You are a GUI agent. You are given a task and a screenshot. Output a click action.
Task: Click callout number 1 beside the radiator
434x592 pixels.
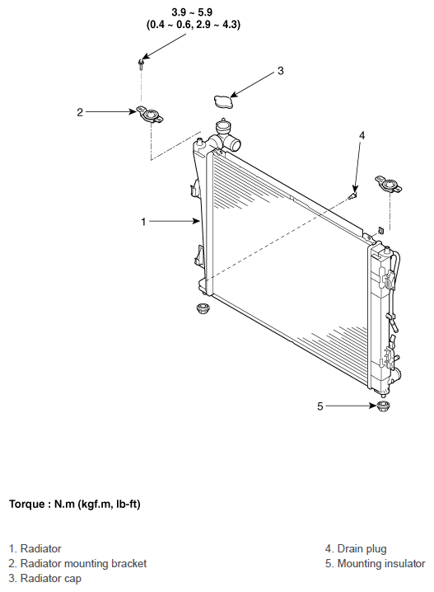click(x=143, y=222)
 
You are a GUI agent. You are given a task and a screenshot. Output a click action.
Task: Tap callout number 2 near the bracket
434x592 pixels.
click(x=80, y=112)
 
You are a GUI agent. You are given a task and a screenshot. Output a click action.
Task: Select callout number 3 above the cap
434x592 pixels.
click(x=281, y=71)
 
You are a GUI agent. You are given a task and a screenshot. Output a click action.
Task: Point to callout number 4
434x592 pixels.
click(x=362, y=135)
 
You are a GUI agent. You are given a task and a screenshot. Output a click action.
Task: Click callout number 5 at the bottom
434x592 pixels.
click(x=320, y=406)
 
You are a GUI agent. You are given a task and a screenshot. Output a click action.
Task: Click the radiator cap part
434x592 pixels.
click(x=223, y=101)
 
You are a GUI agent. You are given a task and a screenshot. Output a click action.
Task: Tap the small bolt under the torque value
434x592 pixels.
click(x=141, y=64)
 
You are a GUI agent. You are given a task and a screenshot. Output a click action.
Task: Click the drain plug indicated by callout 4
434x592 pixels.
click(x=353, y=195)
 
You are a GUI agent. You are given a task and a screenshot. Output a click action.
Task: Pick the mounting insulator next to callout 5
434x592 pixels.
click(x=384, y=406)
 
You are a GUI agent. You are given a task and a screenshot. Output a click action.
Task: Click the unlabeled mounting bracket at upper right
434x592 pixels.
click(x=389, y=184)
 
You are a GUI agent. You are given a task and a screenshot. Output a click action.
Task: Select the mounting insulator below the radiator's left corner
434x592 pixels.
click(x=203, y=308)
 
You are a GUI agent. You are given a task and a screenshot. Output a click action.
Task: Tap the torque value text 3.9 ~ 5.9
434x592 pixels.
click(x=192, y=12)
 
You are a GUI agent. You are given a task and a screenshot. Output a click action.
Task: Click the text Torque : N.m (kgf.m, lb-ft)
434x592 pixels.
click(x=75, y=505)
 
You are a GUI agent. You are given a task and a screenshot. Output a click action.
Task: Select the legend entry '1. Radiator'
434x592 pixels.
click(x=35, y=548)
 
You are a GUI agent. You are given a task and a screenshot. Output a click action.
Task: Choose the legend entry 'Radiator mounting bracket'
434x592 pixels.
click(x=83, y=564)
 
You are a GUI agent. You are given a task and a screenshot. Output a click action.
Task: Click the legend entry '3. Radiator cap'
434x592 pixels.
click(x=44, y=579)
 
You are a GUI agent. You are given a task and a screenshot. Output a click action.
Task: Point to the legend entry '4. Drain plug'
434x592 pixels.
click(x=356, y=548)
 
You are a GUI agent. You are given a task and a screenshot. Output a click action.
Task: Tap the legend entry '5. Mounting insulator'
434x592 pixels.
click(x=376, y=564)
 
